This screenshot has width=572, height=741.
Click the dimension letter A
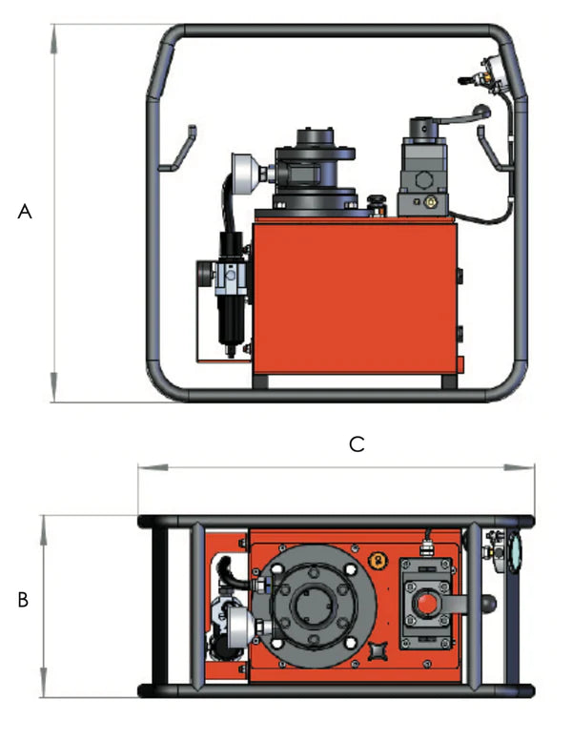(x=26, y=213)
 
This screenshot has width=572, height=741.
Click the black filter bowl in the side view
(x=229, y=324)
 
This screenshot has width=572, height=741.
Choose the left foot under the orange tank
(x=260, y=381)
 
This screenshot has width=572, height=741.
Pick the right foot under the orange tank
(x=449, y=381)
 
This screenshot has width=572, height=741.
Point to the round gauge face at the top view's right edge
(x=516, y=550)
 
